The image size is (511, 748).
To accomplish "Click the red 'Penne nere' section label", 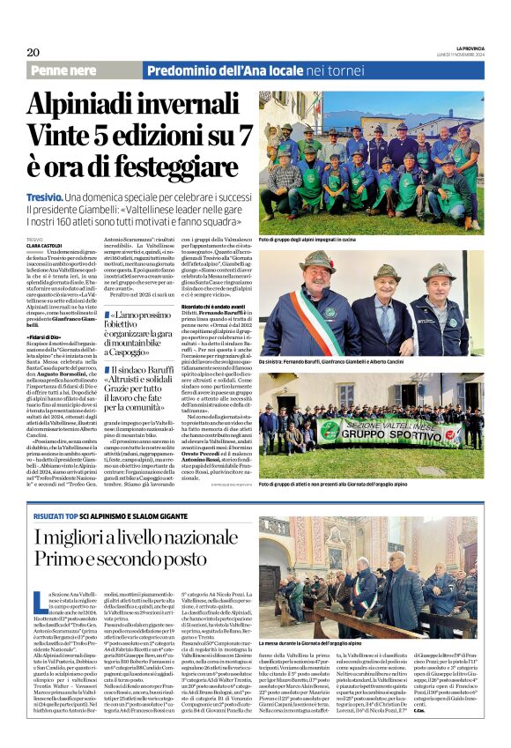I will click(68, 69).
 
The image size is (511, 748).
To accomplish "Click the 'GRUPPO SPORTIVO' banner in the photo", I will click(381, 432).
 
